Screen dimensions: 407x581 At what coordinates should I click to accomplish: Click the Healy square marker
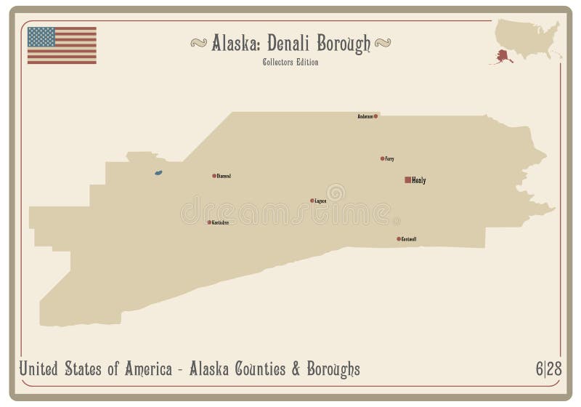click(407, 180)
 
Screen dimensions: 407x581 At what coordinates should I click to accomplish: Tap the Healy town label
click(418, 180)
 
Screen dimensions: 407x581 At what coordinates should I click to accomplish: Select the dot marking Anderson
click(375, 116)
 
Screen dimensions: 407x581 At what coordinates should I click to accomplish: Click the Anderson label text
click(365, 116)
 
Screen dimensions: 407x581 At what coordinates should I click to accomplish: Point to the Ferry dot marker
click(383, 158)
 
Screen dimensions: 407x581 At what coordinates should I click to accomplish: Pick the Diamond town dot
click(214, 176)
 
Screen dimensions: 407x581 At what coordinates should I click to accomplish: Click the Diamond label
click(224, 176)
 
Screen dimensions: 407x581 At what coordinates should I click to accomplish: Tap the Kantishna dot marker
click(209, 222)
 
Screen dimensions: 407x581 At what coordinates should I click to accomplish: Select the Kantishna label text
click(220, 222)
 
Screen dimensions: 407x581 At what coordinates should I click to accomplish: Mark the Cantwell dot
click(399, 238)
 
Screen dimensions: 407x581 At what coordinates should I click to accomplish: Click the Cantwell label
click(409, 238)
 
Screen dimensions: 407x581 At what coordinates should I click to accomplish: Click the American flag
click(62, 45)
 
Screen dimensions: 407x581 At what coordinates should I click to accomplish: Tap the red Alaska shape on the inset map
click(502, 55)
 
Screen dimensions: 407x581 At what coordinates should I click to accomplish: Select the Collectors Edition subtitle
click(290, 62)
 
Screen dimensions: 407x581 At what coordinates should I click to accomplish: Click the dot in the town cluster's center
click(312, 201)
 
